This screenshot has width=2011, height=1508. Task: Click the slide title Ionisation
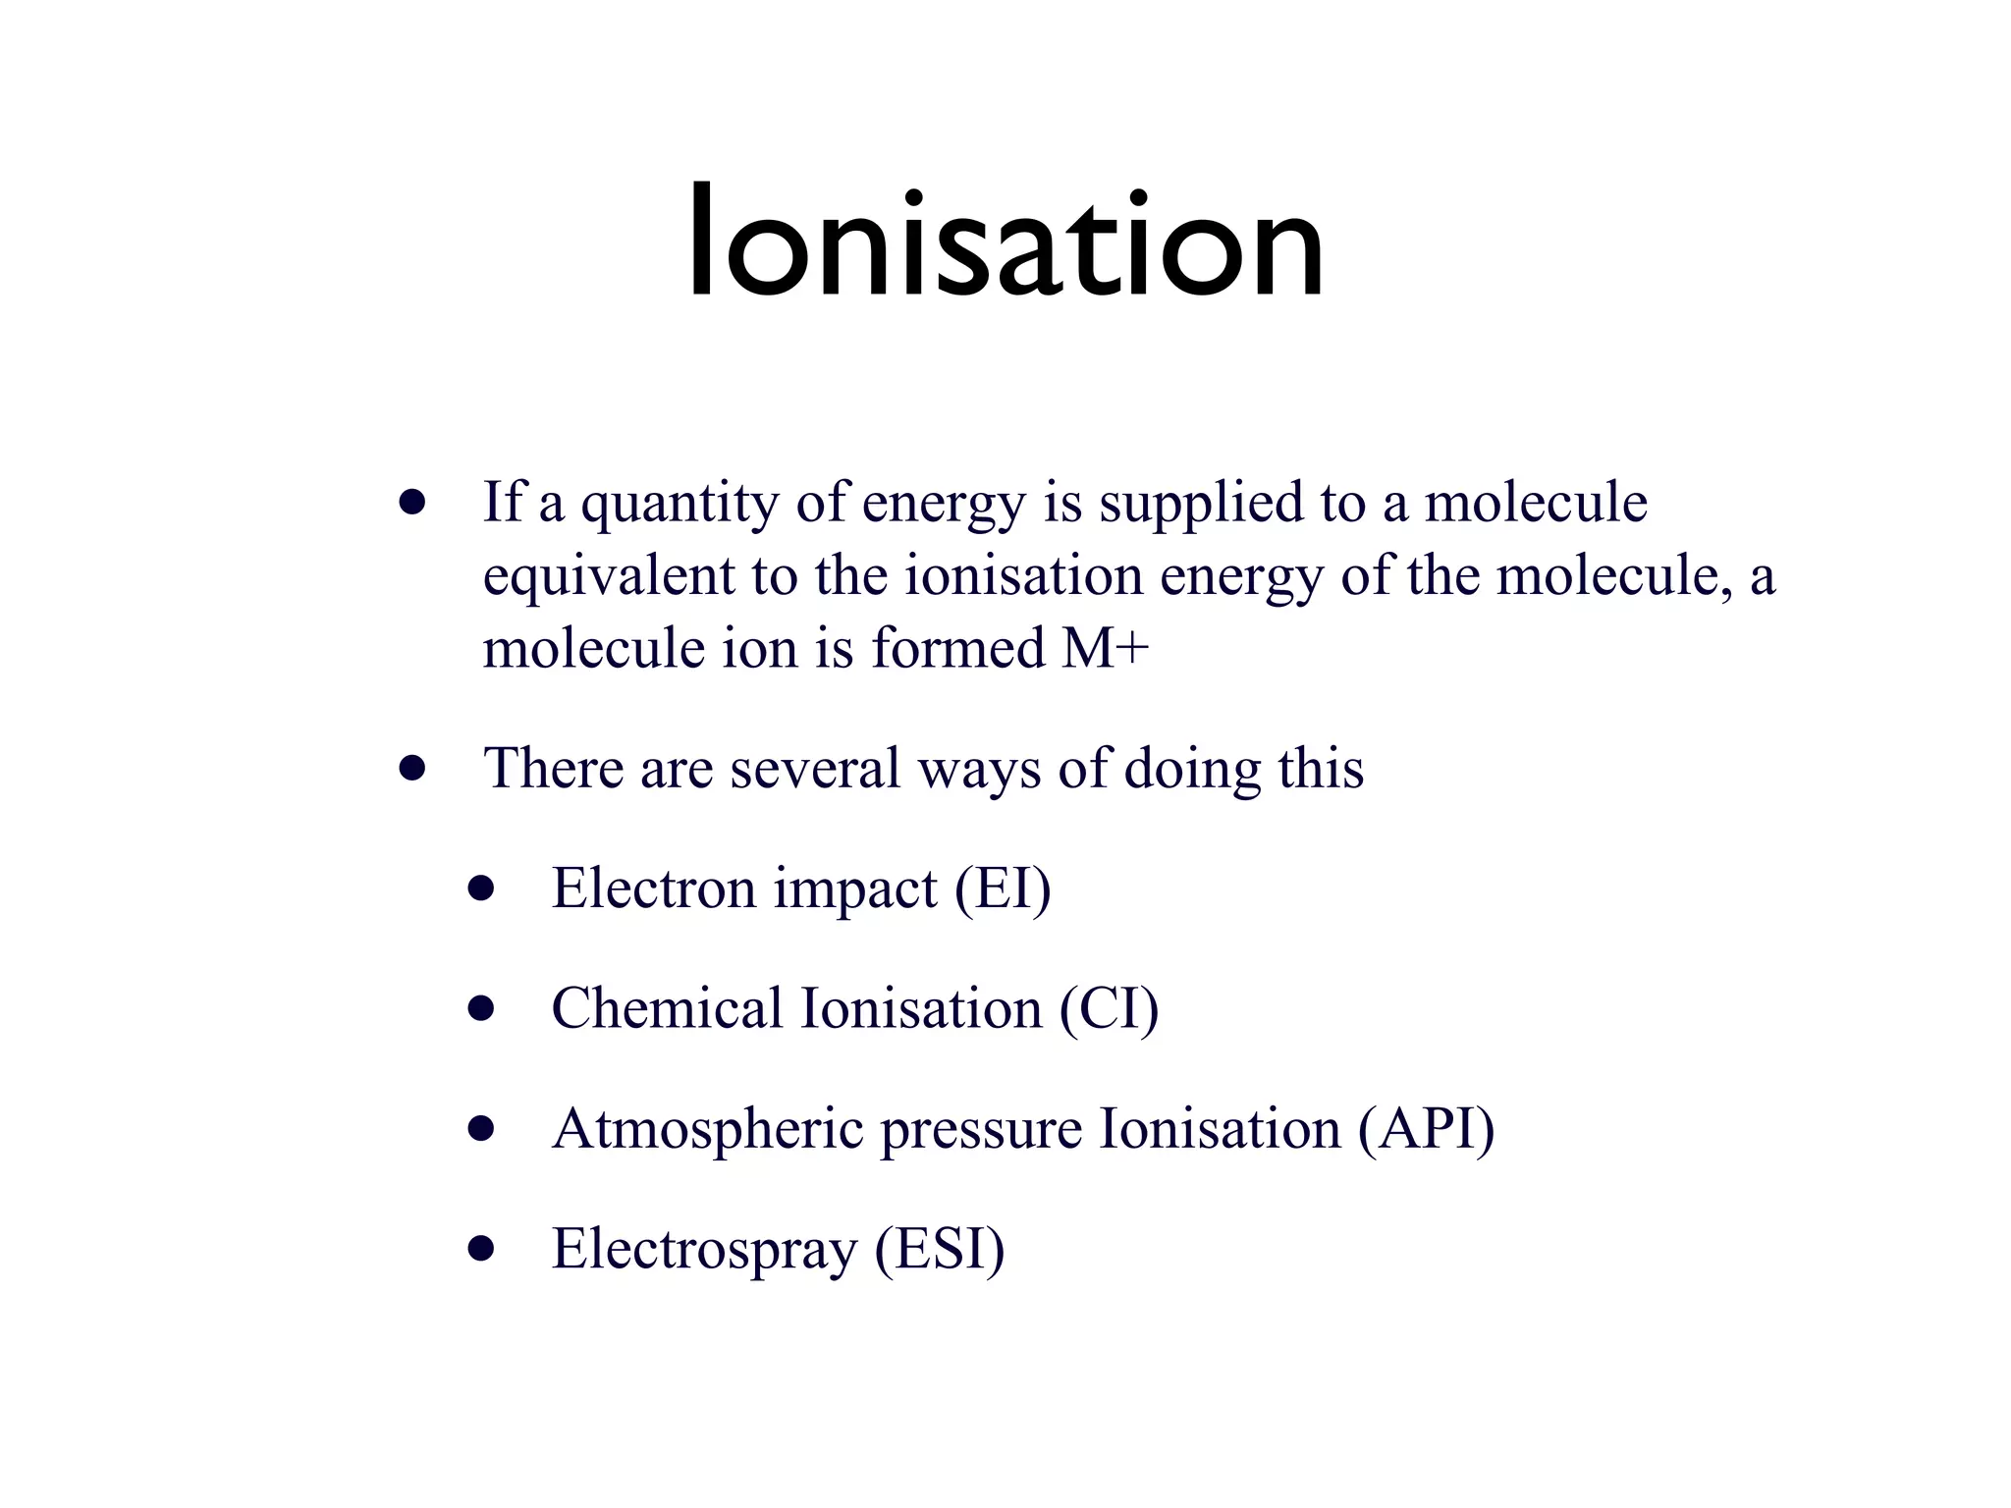coord(1005,243)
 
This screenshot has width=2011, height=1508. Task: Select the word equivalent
coord(609,576)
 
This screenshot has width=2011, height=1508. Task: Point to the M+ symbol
coord(1105,648)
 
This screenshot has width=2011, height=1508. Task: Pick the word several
coord(815,768)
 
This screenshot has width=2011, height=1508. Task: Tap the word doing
coord(1192,770)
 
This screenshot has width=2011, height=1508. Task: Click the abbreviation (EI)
coord(1003,889)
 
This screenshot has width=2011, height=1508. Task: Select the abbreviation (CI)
coord(1109,1009)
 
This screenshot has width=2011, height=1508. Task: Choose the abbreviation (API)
coord(1426,1129)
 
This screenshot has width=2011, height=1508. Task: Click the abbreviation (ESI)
coord(940,1250)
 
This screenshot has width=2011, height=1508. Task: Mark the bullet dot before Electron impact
coord(480,889)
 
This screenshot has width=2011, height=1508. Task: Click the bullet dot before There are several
coord(412,768)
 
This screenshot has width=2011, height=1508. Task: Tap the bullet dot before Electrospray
coord(480,1249)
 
